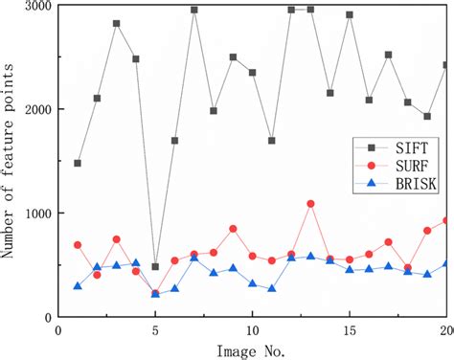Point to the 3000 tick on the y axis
tap(36, 7)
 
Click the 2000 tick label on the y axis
tap(36, 110)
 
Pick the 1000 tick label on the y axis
tap(36, 214)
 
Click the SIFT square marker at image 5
tap(155, 267)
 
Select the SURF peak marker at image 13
tap(310, 204)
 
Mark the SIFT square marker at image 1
tap(78, 164)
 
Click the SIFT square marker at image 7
tap(193, 11)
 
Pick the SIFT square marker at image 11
tap(272, 141)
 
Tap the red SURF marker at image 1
tap(78, 245)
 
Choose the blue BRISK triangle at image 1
tap(78, 285)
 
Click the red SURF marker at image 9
tap(233, 229)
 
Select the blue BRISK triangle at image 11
tap(272, 288)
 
